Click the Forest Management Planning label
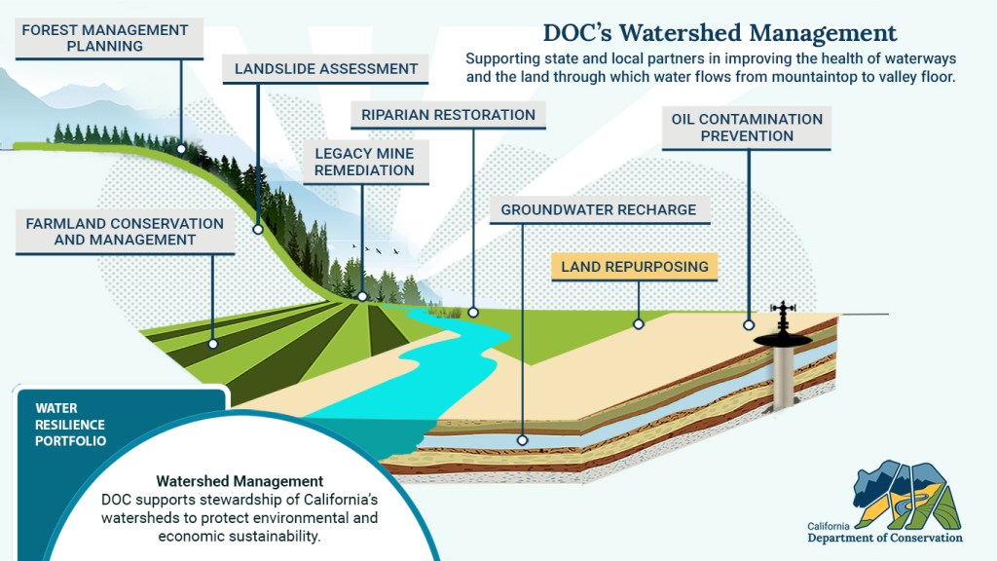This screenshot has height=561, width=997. point(104,38)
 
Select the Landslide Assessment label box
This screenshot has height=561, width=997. point(326,69)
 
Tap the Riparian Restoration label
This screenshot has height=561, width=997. point(448,115)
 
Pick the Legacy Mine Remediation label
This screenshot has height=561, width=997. point(364,162)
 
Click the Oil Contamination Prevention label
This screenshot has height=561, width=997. point(747,128)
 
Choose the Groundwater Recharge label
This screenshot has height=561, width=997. point(598,209)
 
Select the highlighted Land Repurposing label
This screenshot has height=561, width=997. point(634,266)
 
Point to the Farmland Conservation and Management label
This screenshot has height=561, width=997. point(125,232)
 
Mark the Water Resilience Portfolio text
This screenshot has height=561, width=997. point(70,425)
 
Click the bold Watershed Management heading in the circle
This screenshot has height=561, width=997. point(240,481)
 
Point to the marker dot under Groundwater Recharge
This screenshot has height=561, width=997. point(522,440)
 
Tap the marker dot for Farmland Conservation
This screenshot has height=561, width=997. point(212,344)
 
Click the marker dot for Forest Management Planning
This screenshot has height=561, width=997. point(181,150)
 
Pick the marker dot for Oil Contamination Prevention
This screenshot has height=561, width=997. point(749,325)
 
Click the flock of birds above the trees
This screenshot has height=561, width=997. point(382,252)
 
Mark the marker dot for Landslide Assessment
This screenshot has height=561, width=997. point(258,231)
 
